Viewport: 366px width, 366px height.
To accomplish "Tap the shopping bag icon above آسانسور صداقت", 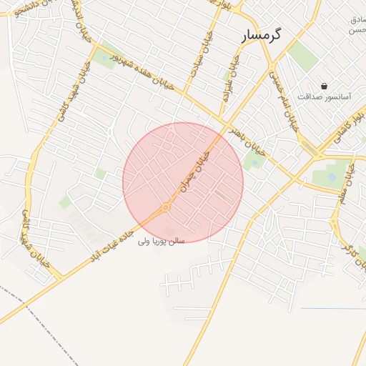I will [325, 86].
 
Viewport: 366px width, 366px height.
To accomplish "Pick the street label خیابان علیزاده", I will [229, 79].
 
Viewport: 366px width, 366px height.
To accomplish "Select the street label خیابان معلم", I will [346, 184].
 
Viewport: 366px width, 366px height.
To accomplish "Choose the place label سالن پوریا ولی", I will [162, 241].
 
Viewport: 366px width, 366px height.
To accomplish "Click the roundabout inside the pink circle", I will [166, 207].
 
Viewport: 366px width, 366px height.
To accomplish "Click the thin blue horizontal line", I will [333, 309].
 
